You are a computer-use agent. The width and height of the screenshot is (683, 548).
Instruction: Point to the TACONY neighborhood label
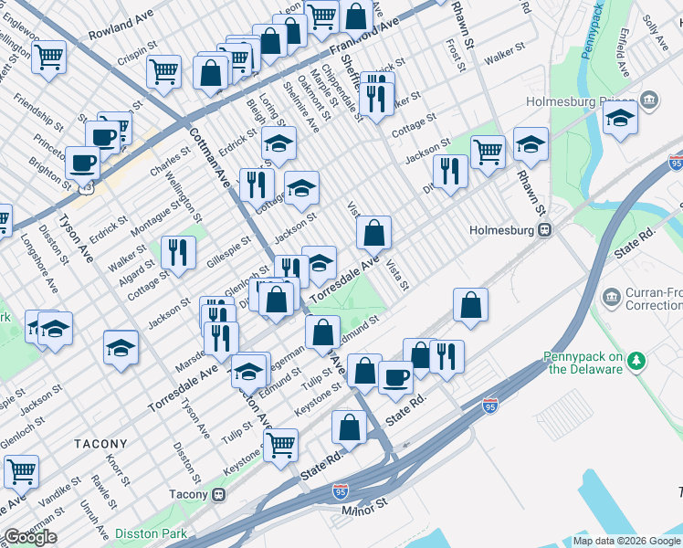(100, 443)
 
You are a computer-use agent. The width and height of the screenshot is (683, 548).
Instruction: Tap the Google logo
(30, 537)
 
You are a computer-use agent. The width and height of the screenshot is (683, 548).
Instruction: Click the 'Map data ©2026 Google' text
(625, 541)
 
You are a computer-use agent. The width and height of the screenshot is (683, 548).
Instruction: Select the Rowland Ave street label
(119, 34)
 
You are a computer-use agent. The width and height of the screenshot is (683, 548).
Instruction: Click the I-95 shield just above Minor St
(341, 490)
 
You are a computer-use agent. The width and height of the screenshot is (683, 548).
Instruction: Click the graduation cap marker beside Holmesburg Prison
(620, 119)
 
